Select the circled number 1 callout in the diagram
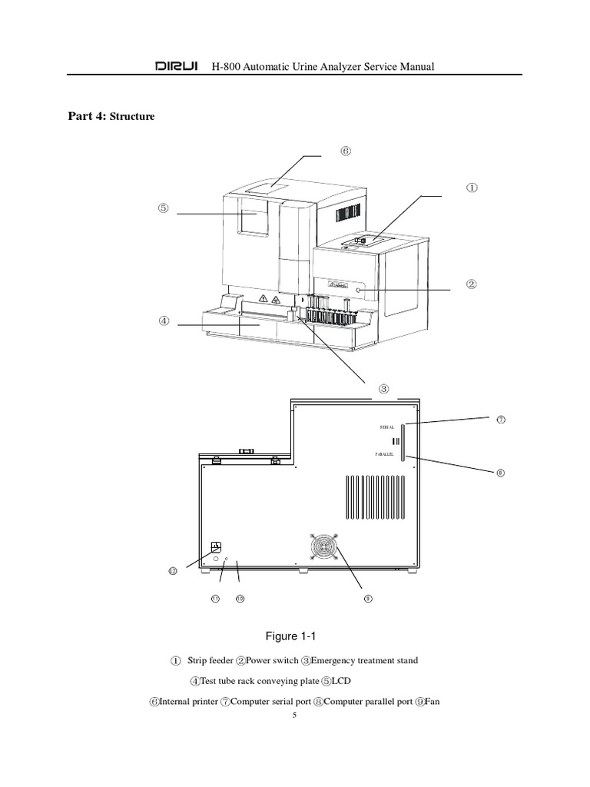click(x=472, y=187)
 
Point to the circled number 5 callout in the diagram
click(x=164, y=208)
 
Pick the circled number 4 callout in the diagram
click(x=164, y=322)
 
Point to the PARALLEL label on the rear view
click(x=386, y=456)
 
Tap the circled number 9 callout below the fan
click(x=368, y=599)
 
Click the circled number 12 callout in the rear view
click(x=173, y=571)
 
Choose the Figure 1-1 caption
click(x=290, y=636)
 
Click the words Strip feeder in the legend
click(x=212, y=661)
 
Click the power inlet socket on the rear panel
click(x=217, y=547)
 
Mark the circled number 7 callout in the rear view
click(x=500, y=420)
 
